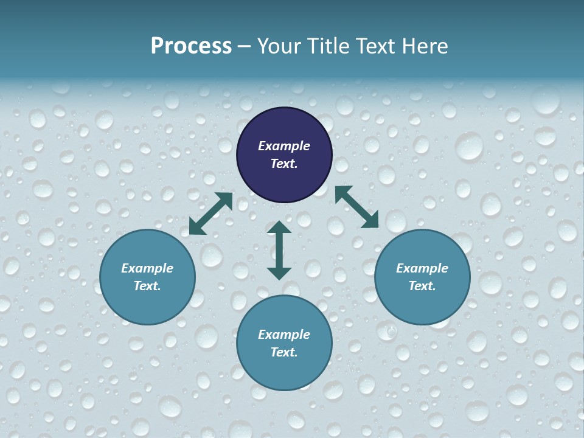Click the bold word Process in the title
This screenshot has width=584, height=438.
pos(191,46)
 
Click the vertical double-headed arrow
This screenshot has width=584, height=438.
pos(279,250)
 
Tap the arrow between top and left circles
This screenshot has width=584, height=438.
pos(210,214)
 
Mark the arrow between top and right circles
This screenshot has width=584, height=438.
pos(356,207)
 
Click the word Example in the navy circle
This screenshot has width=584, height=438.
pos(284,146)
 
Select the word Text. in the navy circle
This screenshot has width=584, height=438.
pos(284,164)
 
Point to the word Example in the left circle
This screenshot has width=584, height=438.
pos(147,268)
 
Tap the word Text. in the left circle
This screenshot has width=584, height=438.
pos(147,286)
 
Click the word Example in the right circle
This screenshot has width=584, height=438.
pos(422,268)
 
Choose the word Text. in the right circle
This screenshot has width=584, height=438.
pos(422,286)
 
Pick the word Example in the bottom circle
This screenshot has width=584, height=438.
pos(284,335)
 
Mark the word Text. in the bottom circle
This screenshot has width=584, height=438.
pos(284,352)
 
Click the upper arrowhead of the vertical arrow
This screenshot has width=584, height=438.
pos(279,227)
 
